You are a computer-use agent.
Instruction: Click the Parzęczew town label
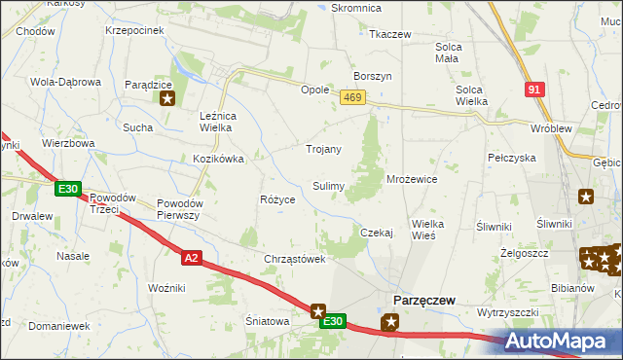tap(423, 301)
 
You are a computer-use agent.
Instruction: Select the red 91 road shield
tap(532, 89)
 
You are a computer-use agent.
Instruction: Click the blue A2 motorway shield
tap(191, 257)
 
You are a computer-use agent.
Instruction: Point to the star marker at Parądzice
tap(167, 97)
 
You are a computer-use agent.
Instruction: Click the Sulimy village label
tap(328, 185)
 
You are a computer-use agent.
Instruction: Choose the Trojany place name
tap(323, 149)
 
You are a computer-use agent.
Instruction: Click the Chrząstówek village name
tap(294, 260)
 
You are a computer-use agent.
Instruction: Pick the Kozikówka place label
tap(217, 158)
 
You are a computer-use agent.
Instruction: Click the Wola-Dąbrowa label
tap(66, 82)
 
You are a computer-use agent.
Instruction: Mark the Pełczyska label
tap(512, 157)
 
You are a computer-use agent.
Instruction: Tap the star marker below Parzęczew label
tap(391, 322)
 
